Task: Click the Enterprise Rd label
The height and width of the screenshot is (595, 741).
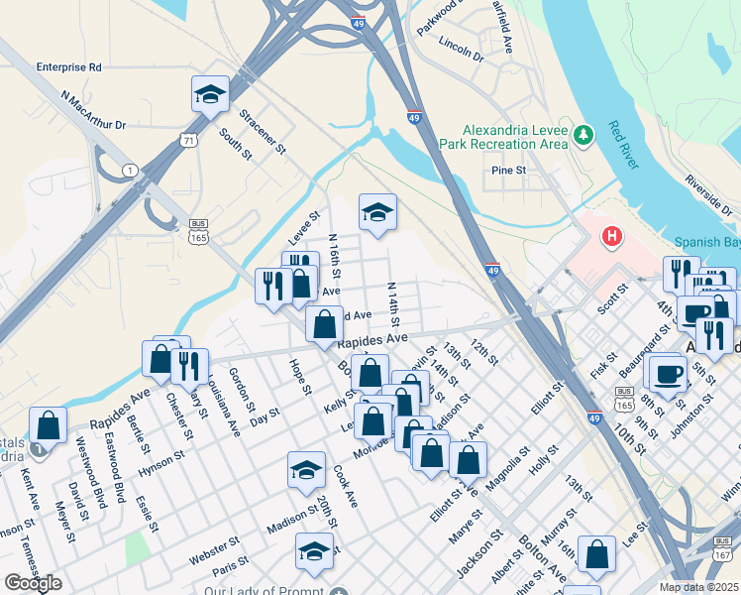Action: [x=68, y=67]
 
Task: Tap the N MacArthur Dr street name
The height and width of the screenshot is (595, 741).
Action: [x=93, y=112]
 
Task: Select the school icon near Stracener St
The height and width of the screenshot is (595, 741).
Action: [x=210, y=95]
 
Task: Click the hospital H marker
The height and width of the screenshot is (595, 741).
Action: [x=613, y=237]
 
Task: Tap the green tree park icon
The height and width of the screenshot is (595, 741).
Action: [x=584, y=134]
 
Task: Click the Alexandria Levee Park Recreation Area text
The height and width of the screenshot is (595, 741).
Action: [x=515, y=137]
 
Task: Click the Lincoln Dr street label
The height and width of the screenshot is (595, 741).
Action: [x=460, y=51]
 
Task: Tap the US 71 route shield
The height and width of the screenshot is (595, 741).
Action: [x=187, y=142]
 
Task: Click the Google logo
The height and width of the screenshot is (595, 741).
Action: [x=33, y=582]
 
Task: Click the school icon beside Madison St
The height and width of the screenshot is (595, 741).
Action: [x=306, y=471]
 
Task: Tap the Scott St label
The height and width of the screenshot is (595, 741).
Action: [x=613, y=298]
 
